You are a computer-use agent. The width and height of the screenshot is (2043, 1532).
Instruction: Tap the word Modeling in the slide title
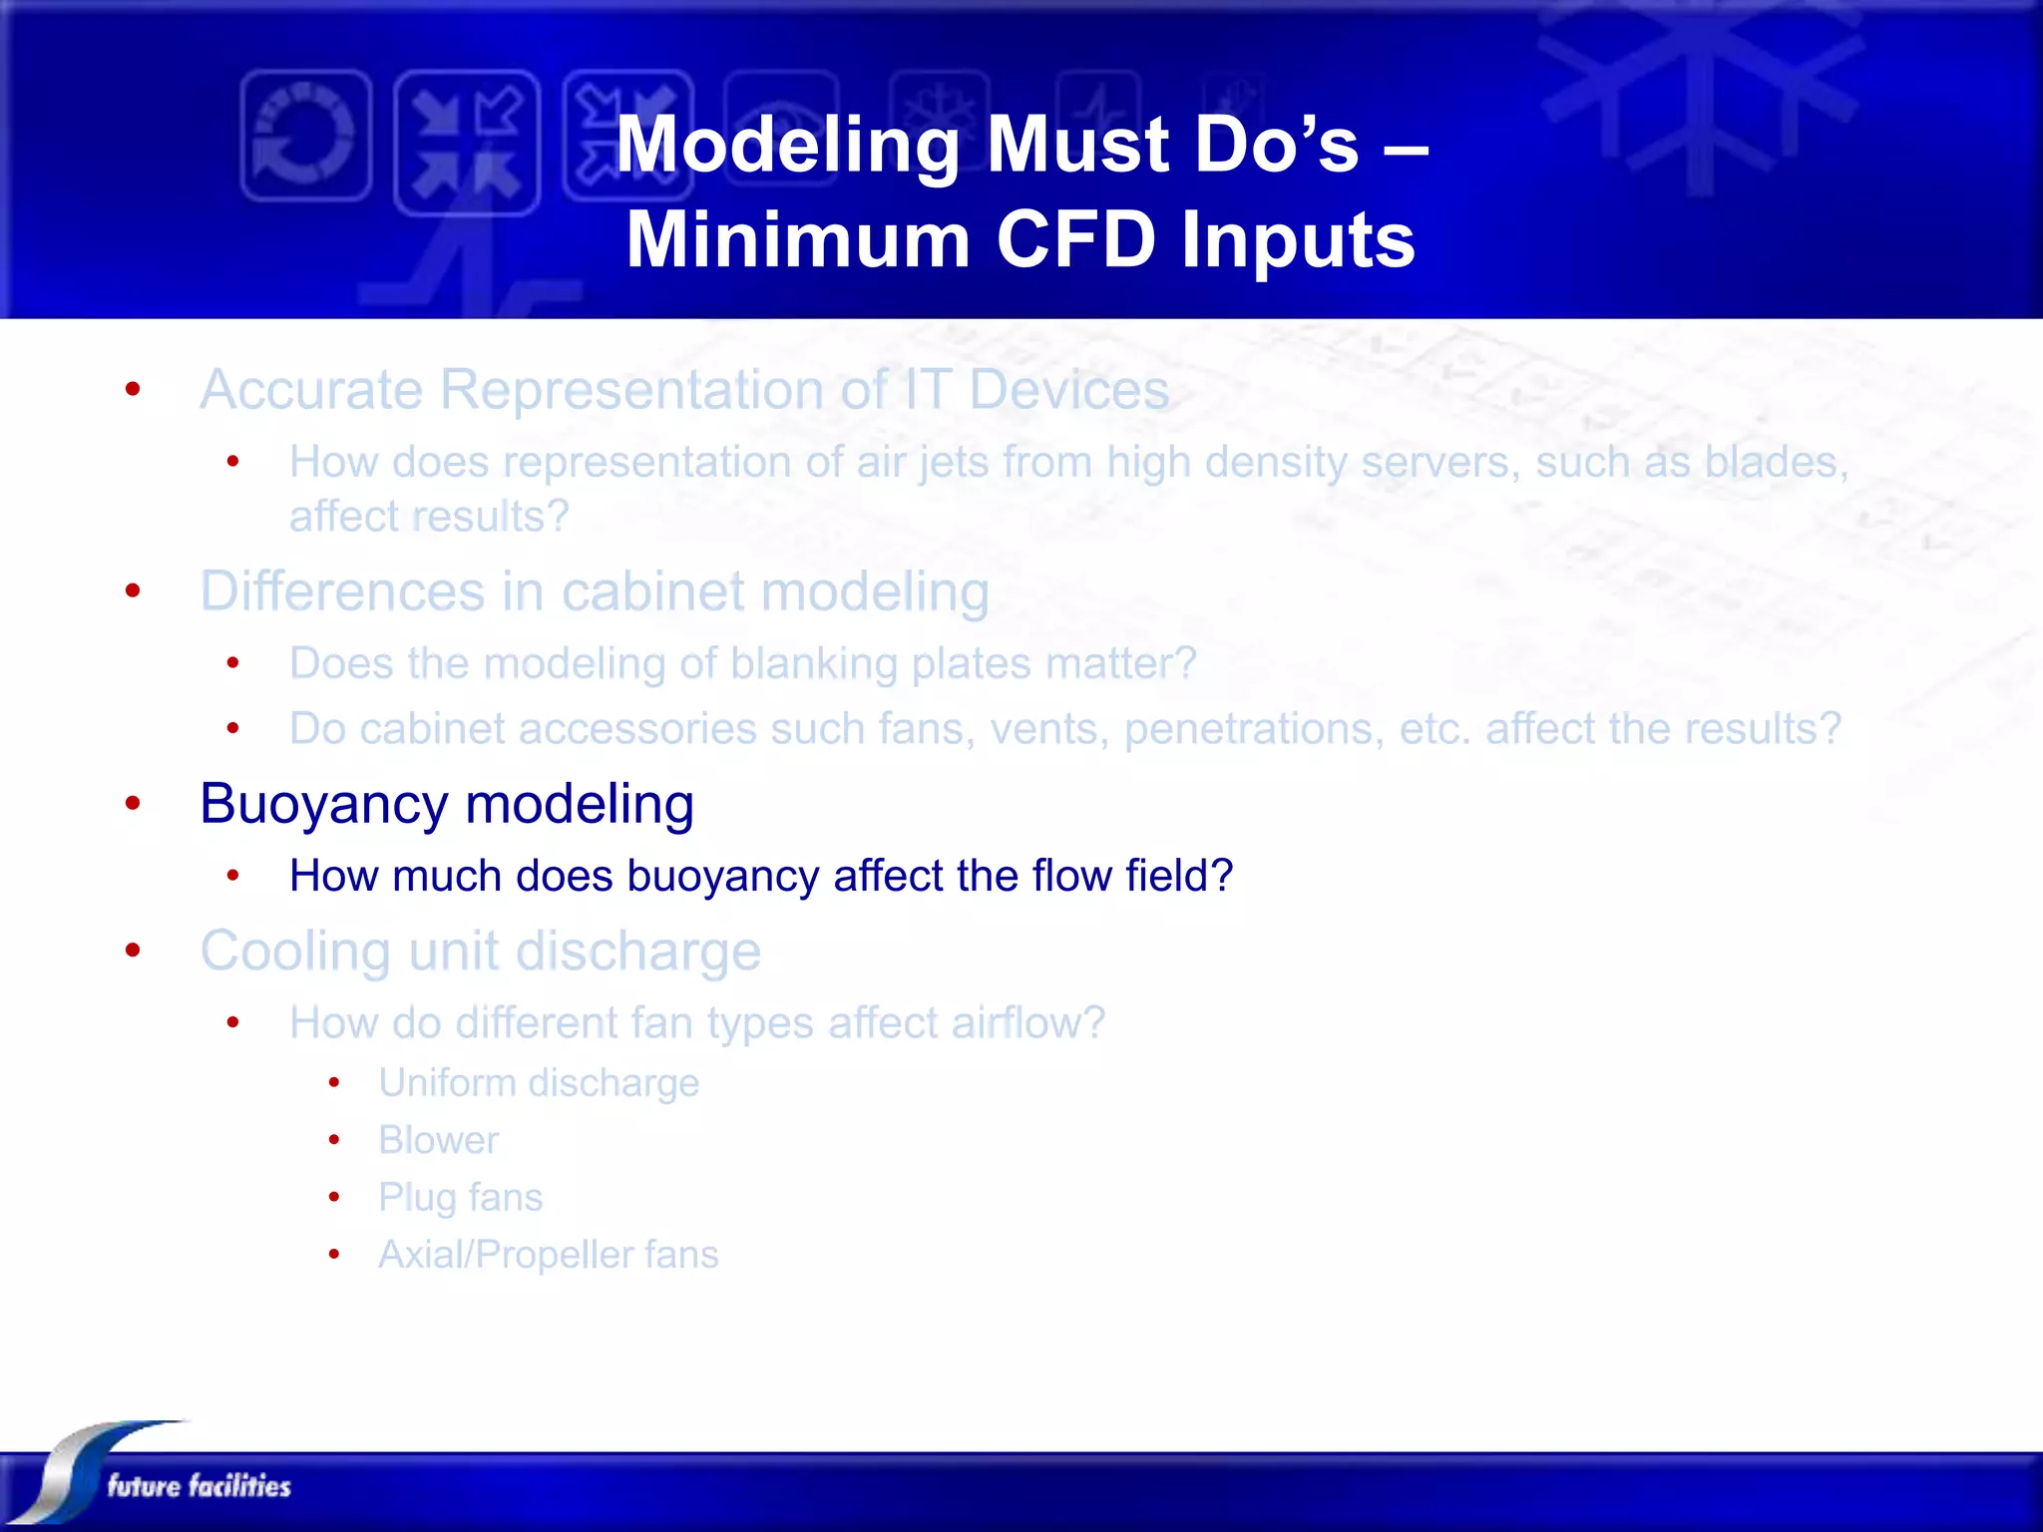[x=788, y=145]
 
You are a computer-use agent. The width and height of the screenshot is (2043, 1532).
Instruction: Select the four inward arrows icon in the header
[x=467, y=143]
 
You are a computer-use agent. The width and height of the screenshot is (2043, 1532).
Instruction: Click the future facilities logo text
[x=199, y=1485]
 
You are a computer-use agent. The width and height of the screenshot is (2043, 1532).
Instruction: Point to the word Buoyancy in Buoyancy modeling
[x=324, y=805]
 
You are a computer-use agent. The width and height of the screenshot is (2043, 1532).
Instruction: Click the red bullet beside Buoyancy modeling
[x=133, y=803]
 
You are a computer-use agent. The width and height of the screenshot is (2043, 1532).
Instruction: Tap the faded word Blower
[x=438, y=1140]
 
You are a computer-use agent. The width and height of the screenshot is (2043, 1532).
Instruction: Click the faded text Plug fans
[x=460, y=1197]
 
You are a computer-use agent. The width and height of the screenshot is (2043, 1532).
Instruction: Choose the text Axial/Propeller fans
[x=548, y=1255]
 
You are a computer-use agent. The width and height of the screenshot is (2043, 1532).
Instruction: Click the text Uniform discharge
[x=539, y=1083]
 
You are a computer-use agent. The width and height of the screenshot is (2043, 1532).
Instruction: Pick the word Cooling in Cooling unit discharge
[x=295, y=952]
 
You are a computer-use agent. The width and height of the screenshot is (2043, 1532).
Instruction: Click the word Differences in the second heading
[x=342, y=591]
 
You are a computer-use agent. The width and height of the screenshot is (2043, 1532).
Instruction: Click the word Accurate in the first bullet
[x=311, y=389]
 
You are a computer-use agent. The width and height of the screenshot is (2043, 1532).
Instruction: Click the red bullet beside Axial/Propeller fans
[x=334, y=1254]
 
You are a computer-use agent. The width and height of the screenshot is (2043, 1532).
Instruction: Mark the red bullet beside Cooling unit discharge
[x=133, y=950]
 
